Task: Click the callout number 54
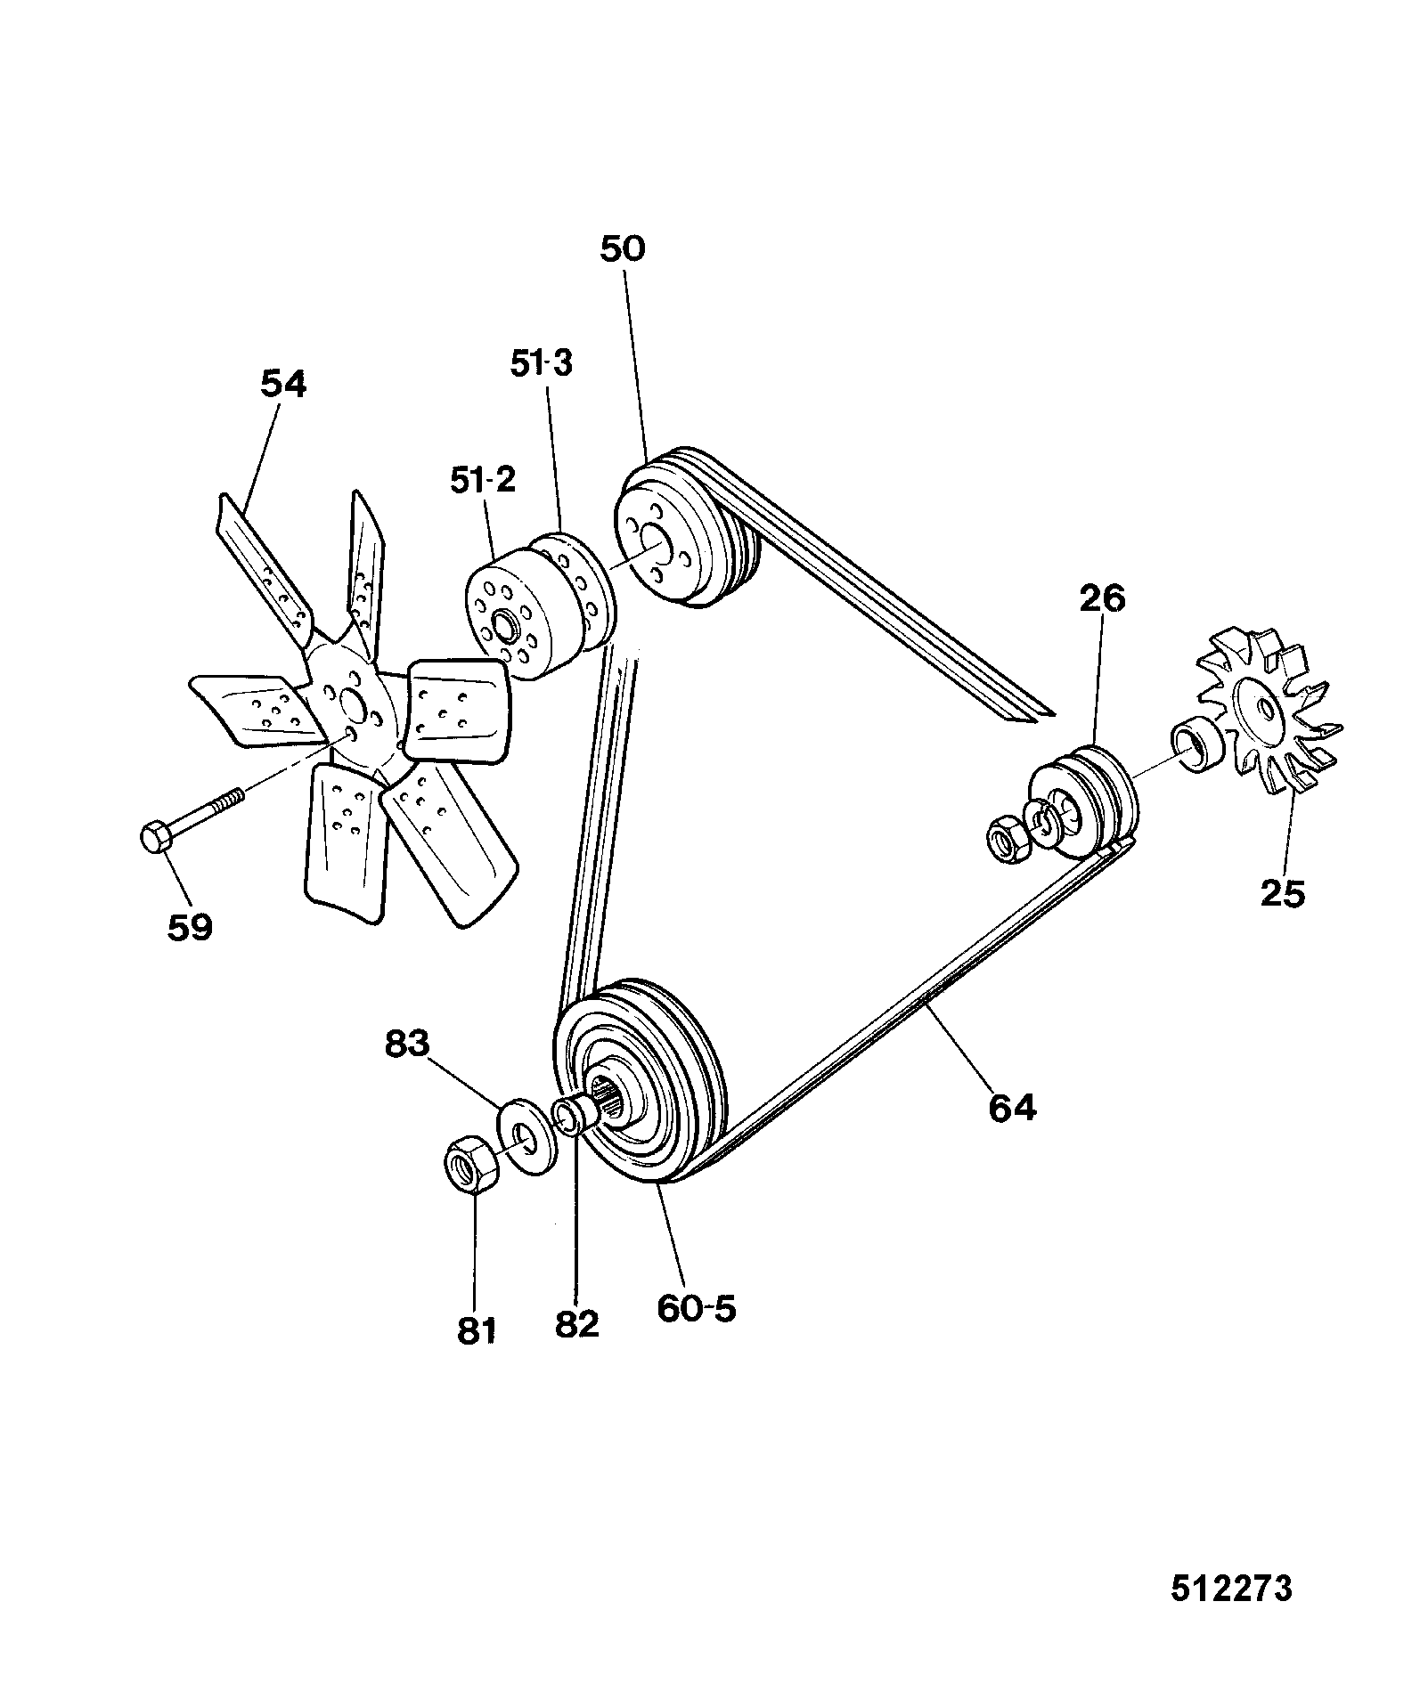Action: coord(283,384)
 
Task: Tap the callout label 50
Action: coord(622,248)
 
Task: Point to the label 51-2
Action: coord(483,481)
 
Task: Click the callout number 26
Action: coord(1102,598)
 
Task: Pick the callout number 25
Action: coord(1283,892)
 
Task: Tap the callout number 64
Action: coord(1013,1107)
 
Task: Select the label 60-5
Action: coord(698,1308)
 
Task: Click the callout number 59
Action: coord(190,927)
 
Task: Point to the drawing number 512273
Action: coord(1231,1588)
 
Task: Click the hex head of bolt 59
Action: coord(158,838)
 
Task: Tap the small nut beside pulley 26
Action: coord(1009,837)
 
